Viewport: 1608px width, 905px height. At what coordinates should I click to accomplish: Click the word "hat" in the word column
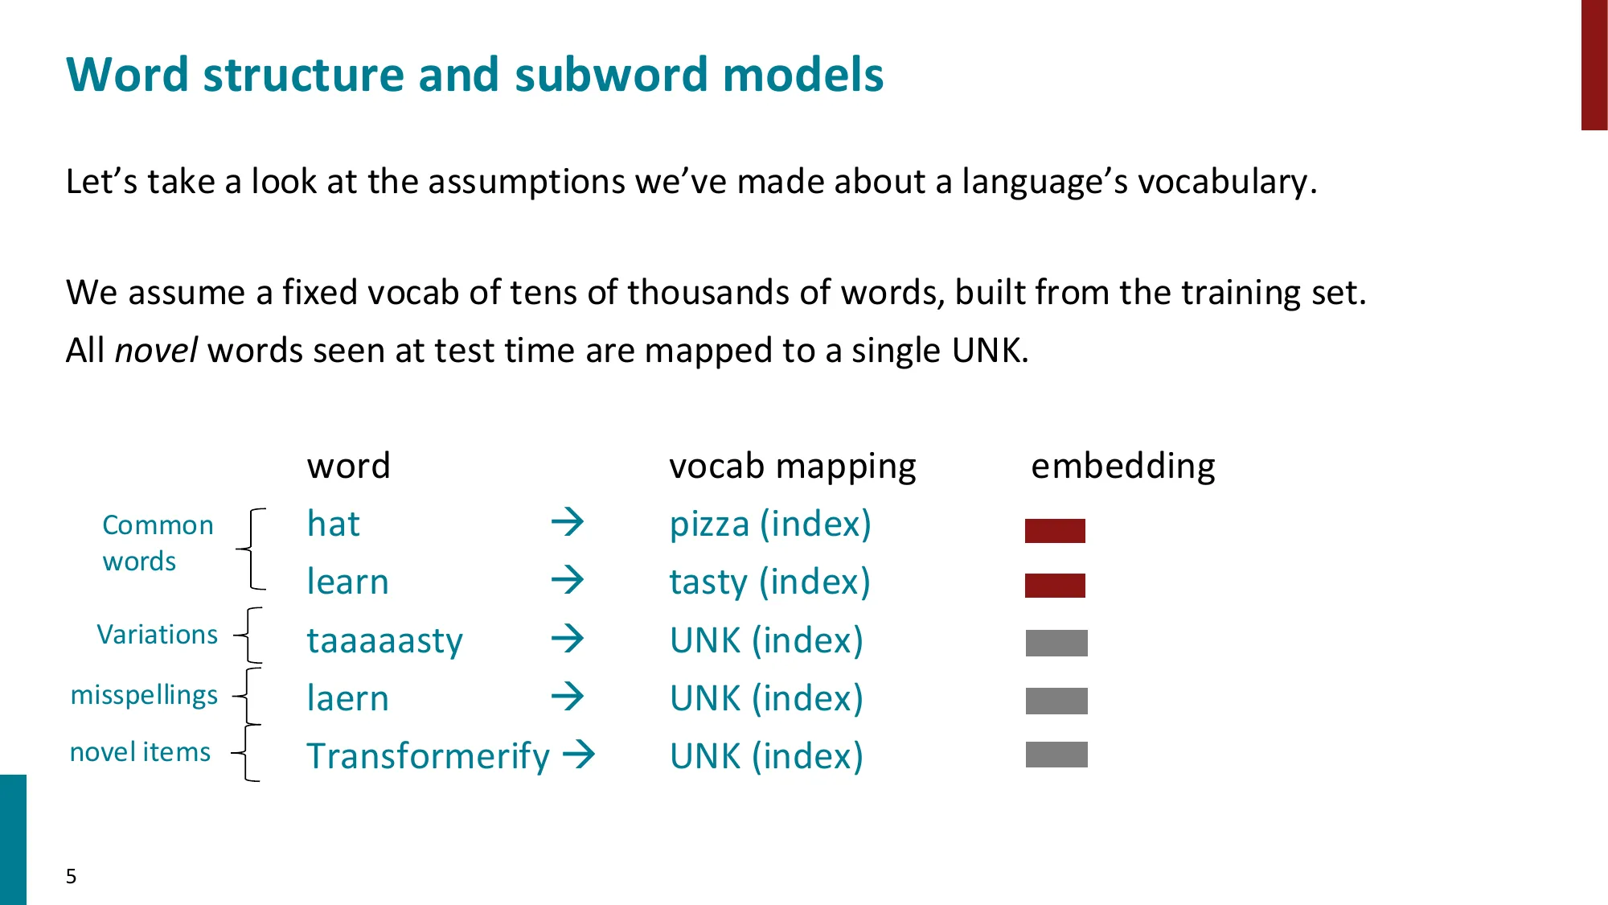(x=334, y=524)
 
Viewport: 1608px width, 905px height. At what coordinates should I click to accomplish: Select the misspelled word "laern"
(x=348, y=698)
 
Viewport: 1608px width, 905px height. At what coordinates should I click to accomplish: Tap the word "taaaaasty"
(x=385, y=641)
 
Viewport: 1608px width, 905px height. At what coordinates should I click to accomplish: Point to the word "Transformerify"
(x=429, y=756)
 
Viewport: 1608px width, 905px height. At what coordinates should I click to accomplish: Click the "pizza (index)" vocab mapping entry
(x=770, y=524)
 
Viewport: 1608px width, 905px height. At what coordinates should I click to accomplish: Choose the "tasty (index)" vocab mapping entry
(x=770, y=582)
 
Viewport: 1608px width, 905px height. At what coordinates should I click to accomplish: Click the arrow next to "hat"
(x=568, y=522)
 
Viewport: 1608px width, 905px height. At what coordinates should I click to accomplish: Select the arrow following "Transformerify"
(x=579, y=755)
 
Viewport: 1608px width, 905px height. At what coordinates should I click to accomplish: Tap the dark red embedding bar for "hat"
(x=1055, y=531)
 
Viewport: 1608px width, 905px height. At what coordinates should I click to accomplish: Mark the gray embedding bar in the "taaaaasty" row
(x=1056, y=643)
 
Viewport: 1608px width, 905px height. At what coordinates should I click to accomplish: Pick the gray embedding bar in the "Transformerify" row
(x=1056, y=755)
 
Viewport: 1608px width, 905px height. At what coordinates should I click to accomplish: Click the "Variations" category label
(x=158, y=635)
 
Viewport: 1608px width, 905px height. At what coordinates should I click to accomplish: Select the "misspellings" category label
(x=144, y=695)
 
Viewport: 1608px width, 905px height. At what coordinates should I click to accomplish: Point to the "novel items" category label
(x=140, y=752)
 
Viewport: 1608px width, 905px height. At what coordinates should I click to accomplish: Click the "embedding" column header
(x=1123, y=467)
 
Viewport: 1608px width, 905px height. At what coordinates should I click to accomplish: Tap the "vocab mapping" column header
(x=793, y=467)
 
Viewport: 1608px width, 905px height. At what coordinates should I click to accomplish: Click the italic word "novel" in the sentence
(x=157, y=351)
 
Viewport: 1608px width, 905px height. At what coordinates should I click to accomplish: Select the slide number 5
(x=71, y=876)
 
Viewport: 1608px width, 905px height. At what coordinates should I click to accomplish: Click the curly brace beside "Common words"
(x=251, y=549)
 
